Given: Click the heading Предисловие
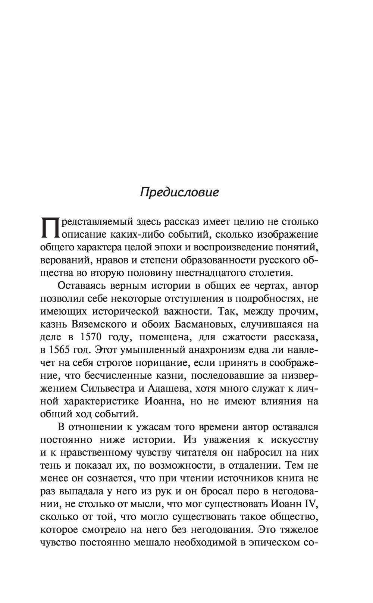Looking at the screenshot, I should click(179, 193).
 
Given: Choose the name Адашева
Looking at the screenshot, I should click(169, 388).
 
